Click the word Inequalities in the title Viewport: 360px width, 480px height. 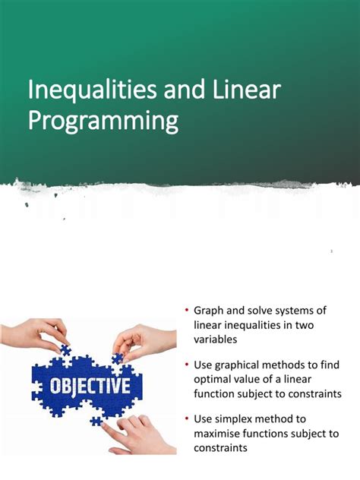84,92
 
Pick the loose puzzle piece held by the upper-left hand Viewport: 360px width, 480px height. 65,350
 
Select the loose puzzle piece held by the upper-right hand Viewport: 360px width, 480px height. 118,357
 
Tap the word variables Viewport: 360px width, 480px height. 216,340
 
